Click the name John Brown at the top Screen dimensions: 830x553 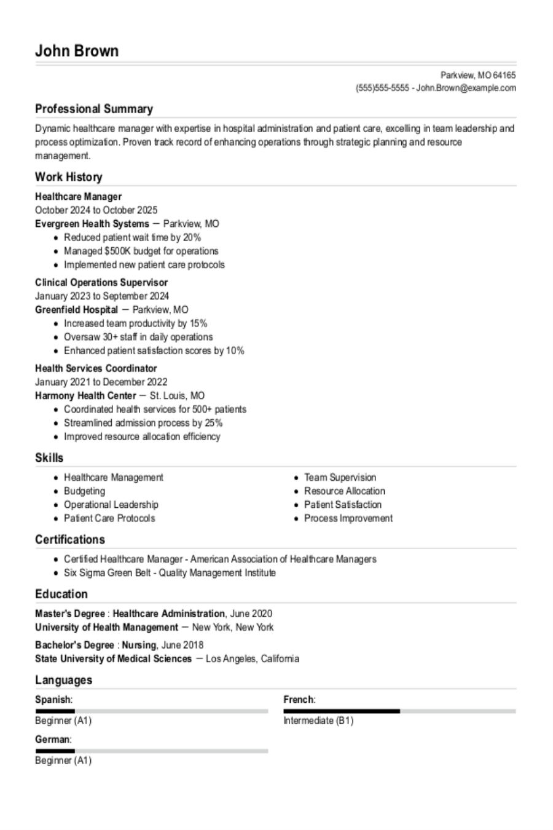(x=77, y=50)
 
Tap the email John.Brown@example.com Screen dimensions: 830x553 (x=466, y=88)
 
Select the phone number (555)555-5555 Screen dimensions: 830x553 (x=382, y=88)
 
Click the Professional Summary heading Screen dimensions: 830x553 (x=93, y=109)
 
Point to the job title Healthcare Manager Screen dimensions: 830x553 (x=78, y=197)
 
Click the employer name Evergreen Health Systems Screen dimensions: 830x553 (x=92, y=224)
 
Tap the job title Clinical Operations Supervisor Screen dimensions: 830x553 (x=101, y=283)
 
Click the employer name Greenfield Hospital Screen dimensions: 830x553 (x=76, y=310)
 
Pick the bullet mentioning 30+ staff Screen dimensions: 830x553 (x=138, y=337)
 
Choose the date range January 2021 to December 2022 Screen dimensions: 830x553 (x=101, y=382)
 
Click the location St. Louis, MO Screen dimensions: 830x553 (x=177, y=396)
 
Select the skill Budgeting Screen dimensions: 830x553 (x=84, y=491)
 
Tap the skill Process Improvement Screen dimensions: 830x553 (x=348, y=518)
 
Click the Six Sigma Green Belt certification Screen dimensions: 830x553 (x=170, y=573)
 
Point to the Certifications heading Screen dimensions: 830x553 (x=69, y=540)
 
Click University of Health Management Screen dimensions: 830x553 (x=106, y=628)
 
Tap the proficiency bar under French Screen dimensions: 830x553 (x=399, y=711)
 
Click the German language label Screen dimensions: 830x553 (x=53, y=740)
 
